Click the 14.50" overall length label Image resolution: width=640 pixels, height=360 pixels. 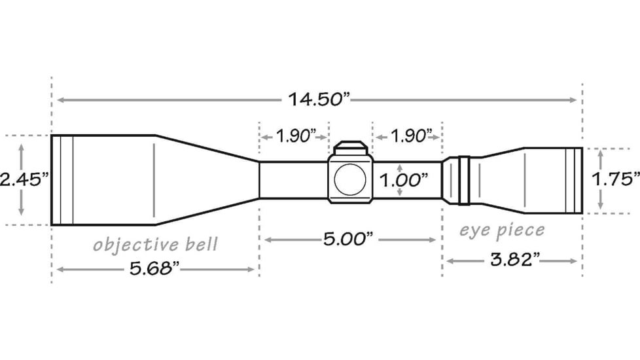(319, 100)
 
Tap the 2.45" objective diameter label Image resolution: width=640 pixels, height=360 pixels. (24, 180)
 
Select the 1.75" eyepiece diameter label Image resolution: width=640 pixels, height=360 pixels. (616, 180)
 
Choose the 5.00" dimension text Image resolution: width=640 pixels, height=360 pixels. (348, 240)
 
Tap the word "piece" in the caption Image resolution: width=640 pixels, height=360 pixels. (520, 230)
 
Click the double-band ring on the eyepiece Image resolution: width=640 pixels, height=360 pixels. (464, 180)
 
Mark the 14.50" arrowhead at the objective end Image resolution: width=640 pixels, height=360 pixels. (60, 100)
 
